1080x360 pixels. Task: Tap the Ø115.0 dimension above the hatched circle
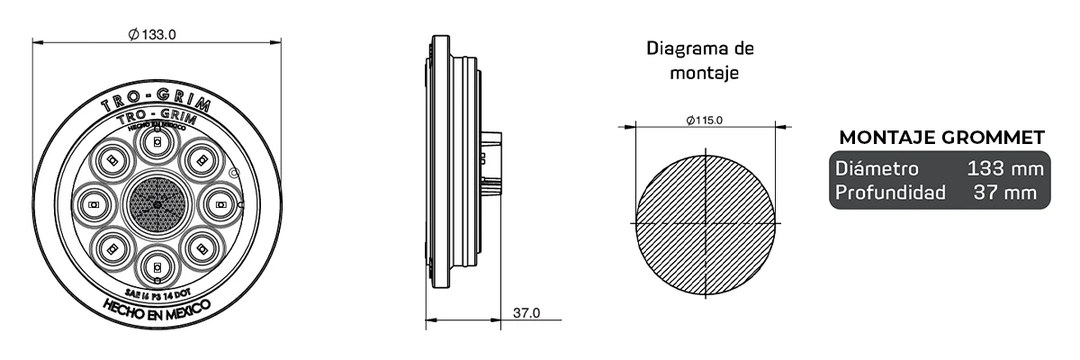704,120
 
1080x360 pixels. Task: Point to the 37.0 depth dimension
526,313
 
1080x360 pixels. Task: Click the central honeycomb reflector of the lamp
157,205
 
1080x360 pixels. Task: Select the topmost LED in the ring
157,142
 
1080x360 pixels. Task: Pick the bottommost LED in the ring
157,267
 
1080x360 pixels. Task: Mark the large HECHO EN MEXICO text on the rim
157,310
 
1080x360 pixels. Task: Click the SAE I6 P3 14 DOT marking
157,291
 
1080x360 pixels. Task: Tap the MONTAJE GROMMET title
941,137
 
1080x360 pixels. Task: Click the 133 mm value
1004,168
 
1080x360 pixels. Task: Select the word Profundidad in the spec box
889,192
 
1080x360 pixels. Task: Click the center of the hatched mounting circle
704,222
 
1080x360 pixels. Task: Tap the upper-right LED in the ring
202,161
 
